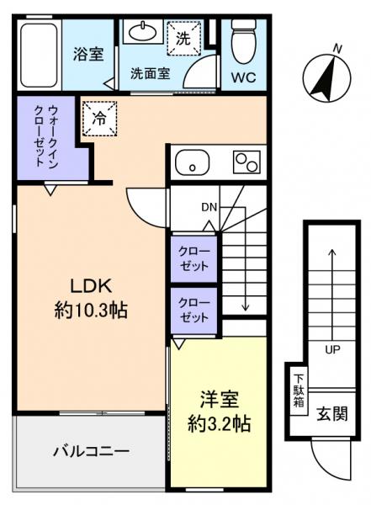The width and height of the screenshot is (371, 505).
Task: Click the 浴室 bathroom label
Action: pyautogui.click(x=88, y=56)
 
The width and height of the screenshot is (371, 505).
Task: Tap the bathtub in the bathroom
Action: pyautogui.click(x=38, y=55)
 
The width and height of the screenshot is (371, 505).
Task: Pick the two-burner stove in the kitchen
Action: pyautogui.click(x=246, y=160)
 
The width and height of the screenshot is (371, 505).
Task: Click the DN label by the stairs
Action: pyautogui.click(x=209, y=207)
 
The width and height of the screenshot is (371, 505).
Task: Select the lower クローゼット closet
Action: pyautogui.click(x=192, y=311)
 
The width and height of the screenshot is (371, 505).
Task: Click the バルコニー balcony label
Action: pyautogui.click(x=91, y=452)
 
